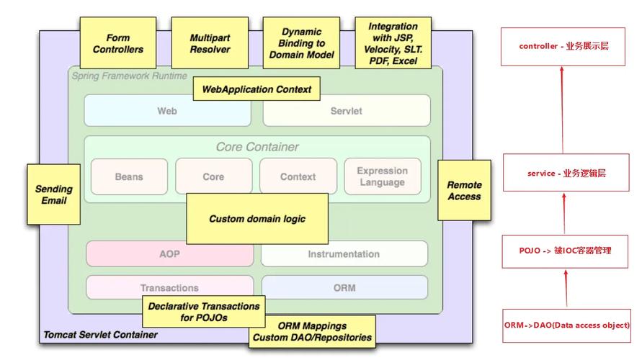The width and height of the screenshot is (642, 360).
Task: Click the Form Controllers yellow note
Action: coord(118,44)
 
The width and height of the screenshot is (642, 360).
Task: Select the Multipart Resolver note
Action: coord(210,44)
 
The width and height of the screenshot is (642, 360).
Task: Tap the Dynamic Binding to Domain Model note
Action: coord(301,44)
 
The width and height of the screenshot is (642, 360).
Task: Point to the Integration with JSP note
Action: coord(393,44)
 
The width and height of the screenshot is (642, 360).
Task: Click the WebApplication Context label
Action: coord(257,89)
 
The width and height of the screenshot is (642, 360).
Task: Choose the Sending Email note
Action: coord(54,194)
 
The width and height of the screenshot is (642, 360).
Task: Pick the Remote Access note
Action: coord(464,190)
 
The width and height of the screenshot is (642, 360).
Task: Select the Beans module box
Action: coord(129,176)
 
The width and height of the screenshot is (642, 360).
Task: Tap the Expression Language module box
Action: coord(382,176)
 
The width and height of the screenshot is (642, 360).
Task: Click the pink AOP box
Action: coord(169,253)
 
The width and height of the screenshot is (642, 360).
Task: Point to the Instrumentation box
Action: coord(344,253)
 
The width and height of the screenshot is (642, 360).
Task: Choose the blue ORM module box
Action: coord(344,287)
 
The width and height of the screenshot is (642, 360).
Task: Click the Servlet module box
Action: coord(346,111)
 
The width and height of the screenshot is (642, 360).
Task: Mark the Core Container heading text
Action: coord(257,147)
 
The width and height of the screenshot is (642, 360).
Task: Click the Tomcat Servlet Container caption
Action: coord(100,335)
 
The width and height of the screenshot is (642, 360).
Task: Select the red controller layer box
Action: coord(563,46)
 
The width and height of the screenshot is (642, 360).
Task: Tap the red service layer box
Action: coord(566,173)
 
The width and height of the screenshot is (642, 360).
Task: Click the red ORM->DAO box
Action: coord(566,325)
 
